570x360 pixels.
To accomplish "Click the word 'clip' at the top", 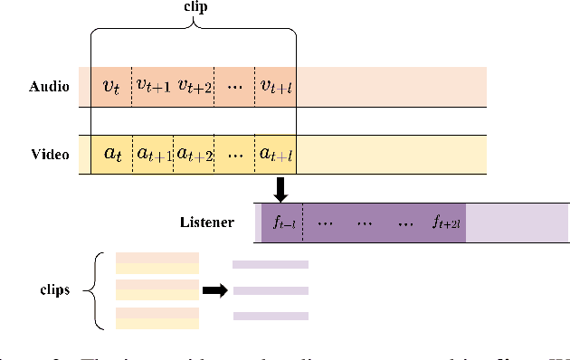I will (194, 8).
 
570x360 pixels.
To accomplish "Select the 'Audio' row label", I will (49, 87).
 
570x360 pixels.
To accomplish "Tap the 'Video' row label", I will (50, 155).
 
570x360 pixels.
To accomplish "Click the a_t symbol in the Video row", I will (112, 154).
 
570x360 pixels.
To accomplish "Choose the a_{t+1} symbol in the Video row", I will (154, 155).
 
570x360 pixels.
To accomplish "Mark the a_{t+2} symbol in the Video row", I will (195, 155).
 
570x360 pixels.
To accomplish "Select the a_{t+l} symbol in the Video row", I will (277, 155).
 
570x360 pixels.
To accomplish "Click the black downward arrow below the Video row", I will (280, 188).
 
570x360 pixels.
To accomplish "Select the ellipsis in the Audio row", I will (236, 87).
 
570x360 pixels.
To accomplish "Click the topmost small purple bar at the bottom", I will (271, 265).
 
